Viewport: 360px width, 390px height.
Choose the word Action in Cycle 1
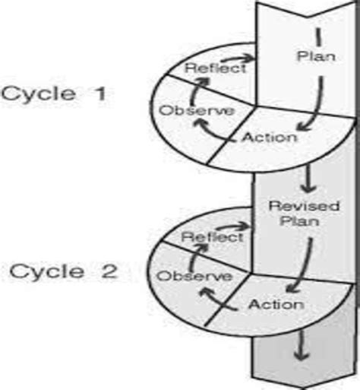[x=270, y=138]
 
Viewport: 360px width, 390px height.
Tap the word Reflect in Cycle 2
[x=212, y=237]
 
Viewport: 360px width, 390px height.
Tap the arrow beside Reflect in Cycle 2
[x=243, y=225]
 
